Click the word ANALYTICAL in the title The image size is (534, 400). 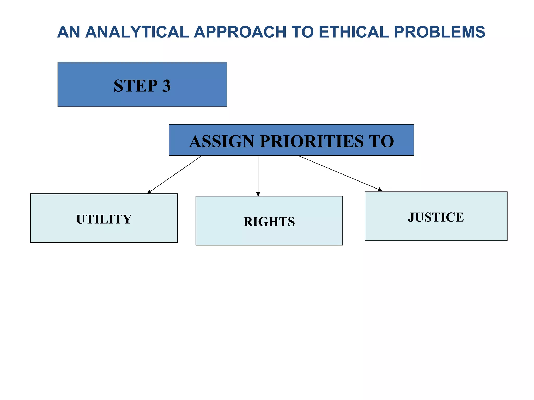tap(137, 32)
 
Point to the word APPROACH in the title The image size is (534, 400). tap(240, 32)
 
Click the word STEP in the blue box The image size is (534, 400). tap(136, 86)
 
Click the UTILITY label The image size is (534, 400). tap(104, 219)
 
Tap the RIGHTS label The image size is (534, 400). tap(269, 222)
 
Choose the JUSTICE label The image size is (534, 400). tap(436, 217)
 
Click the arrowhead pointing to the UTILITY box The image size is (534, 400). tap(149, 192)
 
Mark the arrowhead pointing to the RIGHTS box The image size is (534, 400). tap(258, 194)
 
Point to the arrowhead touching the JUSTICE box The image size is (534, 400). tap(380, 190)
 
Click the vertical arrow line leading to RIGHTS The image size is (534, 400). tap(258, 174)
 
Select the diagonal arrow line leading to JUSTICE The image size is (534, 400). tap(339, 173)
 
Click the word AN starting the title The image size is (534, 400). tap(68, 32)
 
